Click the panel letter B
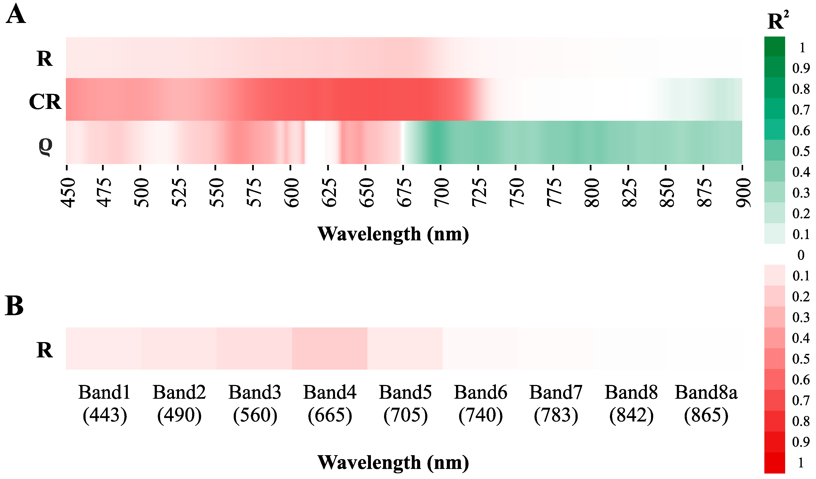pyautogui.click(x=14, y=306)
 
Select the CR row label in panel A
pyautogui.click(x=45, y=102)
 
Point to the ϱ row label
pyautogui.click(x=45, y=146)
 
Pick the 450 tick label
pyautogui.click(x=68, y=192)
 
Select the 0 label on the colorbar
pyautogui.click(x=801, y=255)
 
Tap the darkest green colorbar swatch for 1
pyautogui.click(x=775, y=47)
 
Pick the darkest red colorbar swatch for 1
pyautogui.click(x=775, y=463)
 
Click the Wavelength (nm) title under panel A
pyautogui.click(x=393, y=234)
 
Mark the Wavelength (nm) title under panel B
pyautogui.click(x=393, y=463)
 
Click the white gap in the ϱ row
pyautogui.click(x=316, y=142)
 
